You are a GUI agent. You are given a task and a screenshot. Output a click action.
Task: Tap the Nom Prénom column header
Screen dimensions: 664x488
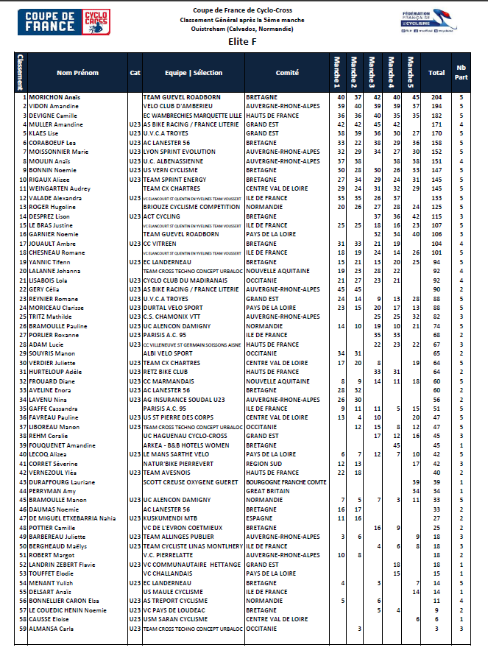[77, 73]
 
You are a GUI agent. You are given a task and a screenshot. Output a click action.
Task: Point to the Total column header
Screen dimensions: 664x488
[436, 73]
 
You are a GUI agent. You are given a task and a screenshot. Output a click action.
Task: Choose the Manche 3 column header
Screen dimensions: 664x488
[373, 72]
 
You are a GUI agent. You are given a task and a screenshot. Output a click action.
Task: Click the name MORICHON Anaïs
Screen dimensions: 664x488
[56, 97]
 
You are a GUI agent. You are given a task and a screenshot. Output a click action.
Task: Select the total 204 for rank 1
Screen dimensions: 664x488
[436, 97]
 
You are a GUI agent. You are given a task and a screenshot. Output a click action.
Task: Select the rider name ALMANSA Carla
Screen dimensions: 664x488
[53, 629]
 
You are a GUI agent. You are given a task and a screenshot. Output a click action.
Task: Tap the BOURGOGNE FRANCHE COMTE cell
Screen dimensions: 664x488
[286, 481]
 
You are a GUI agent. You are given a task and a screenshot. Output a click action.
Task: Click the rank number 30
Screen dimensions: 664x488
[24, 363]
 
